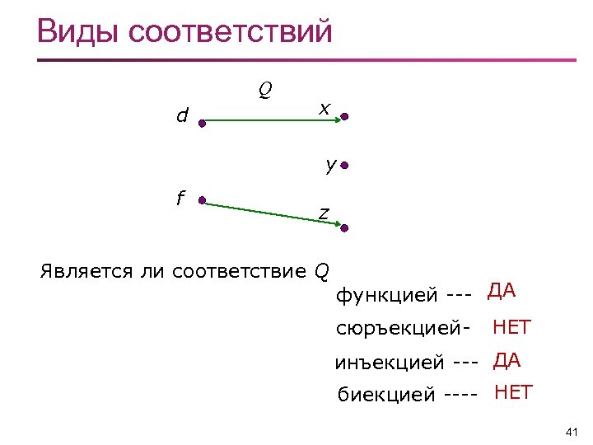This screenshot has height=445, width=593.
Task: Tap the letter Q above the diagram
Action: (x=266, y=88)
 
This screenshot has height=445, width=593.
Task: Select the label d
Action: (x=182, y=116)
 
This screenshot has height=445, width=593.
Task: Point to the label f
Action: (x=180, y=198)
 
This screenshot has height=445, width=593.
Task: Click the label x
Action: (x=325, y=108)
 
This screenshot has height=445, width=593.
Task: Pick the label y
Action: (x=329, y=165)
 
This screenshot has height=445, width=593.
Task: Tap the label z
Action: (x=324, y=213)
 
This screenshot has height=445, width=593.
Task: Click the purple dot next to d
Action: (x=201, y=121)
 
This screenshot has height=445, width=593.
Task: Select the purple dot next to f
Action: (x=201, y=200)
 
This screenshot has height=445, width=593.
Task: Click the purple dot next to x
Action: (x=345, y=118)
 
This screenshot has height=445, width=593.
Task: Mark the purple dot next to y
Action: (x=345, y=166)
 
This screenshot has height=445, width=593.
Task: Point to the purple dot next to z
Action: (x=346, y=228)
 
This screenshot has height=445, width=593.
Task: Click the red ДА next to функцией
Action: (x=502, y=290)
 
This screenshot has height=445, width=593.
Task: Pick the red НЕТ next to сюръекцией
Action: (x=511, y=327)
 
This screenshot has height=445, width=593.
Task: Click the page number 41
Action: (x=573, y=432)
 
